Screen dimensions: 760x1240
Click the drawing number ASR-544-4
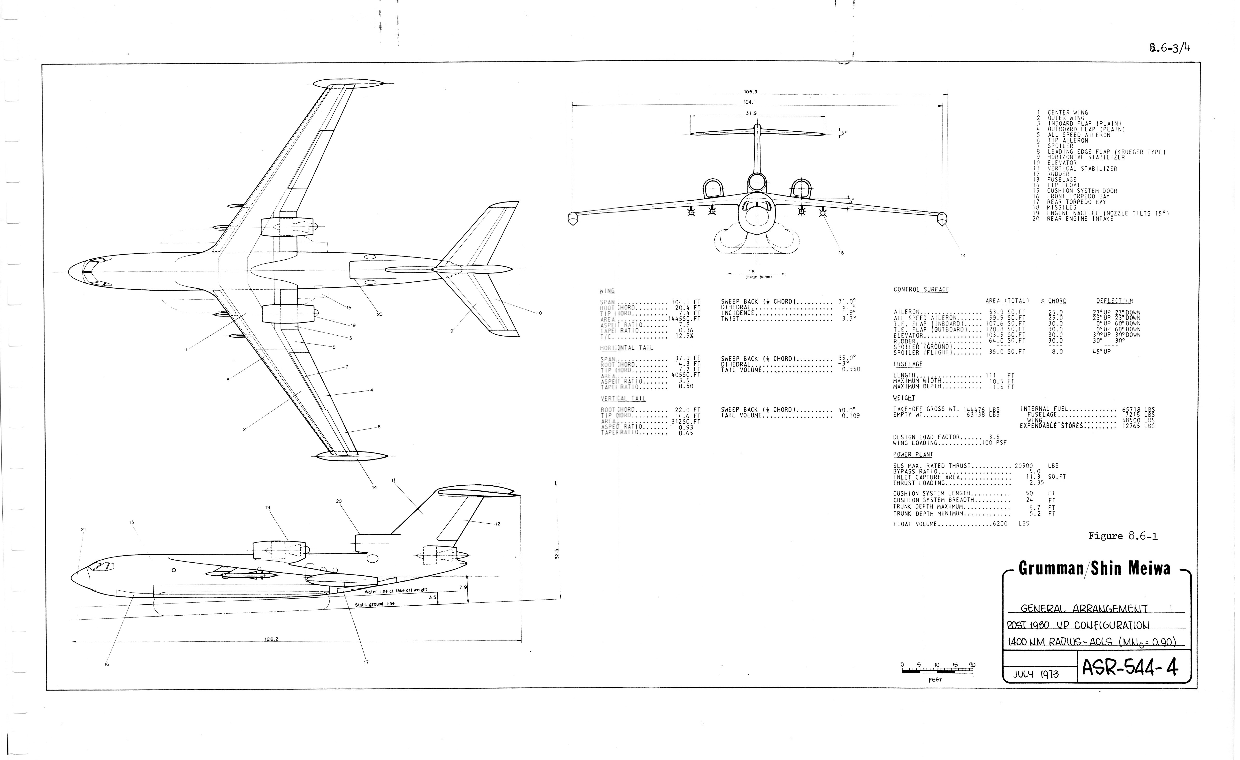tap(1130, 668)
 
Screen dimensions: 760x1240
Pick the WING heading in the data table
tap(607, 291)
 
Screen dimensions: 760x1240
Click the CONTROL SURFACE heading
tap(921, 290)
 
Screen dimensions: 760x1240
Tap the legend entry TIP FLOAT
tap(1063, 185)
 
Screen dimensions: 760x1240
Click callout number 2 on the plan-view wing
tap(244, 429)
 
